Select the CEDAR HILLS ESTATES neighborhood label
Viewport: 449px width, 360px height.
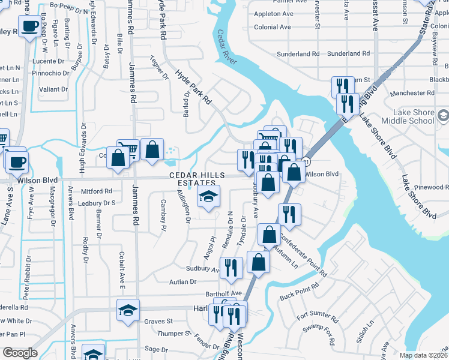[192, 178]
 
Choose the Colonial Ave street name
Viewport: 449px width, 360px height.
[273, 27]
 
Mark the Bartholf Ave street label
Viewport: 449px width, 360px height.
[223, 293]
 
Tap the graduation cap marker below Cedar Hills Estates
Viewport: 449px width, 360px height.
[209, 196]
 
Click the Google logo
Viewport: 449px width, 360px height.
[20, 353]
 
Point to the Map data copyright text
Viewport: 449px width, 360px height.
[424, 355]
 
